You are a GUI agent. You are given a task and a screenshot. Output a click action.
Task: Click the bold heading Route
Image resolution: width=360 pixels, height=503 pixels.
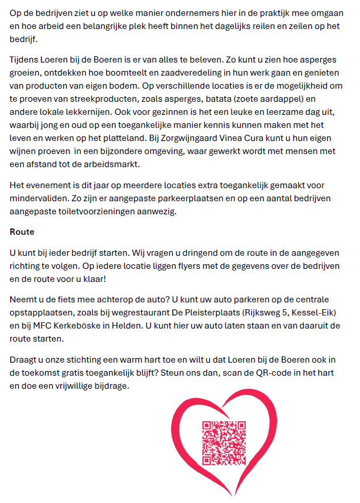(x=22, y=232)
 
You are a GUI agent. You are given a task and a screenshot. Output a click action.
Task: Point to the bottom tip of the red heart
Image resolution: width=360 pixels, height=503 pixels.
(x=235, y=496)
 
